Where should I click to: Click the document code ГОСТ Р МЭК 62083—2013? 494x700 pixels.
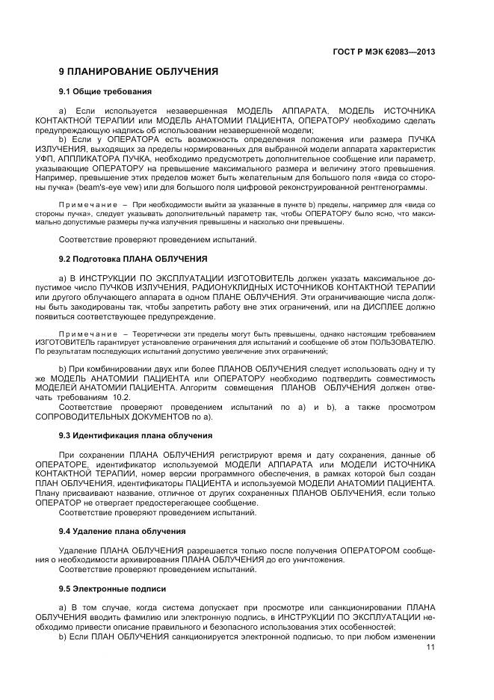384,52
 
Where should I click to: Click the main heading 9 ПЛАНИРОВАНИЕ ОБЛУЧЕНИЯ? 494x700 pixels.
138,72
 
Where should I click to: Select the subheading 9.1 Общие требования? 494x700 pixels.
105,91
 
